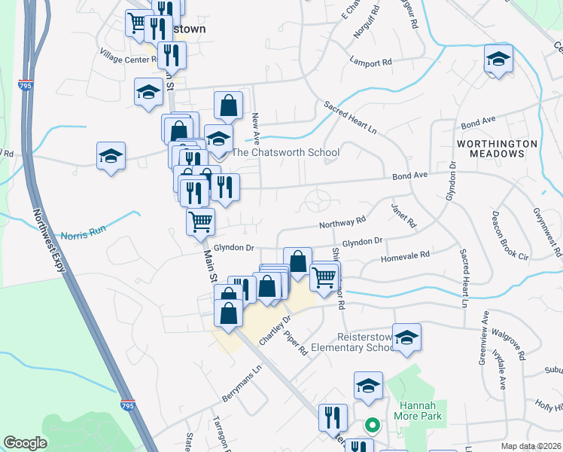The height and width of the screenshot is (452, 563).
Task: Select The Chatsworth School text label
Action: (285, 152)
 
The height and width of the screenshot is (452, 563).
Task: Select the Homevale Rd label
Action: (405, 255)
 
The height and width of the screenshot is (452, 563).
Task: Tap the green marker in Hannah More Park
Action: (370, 426)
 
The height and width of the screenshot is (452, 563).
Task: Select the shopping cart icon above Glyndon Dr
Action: (201, 221)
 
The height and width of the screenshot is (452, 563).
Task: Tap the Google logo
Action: (26, 443)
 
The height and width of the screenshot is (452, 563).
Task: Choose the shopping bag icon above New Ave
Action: (228, 105)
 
